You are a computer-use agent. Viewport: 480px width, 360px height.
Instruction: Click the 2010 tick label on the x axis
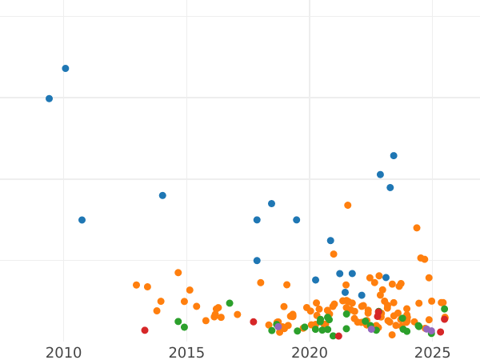[x=64, y=353]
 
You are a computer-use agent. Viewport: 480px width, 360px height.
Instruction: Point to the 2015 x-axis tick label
[x=186, y=353]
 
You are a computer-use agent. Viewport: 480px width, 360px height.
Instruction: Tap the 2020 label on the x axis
[x=310, y=353]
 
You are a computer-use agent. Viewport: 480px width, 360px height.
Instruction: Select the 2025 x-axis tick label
[x=432, y=353]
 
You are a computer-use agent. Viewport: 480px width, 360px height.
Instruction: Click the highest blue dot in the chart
[x=66, y=69]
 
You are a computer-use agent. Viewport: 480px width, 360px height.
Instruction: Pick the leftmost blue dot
[x=49, y=99]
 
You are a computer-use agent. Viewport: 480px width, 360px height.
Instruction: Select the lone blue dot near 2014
[x=162, y=195]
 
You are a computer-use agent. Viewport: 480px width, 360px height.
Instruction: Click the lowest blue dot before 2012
[x=82, y=220]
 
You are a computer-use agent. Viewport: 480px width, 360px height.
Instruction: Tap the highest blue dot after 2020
[x=394, y=156]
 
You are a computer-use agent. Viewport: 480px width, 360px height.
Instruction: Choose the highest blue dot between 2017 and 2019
[x=271, y=204]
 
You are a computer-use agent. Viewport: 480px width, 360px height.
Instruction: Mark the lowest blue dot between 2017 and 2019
[x=257, y=261]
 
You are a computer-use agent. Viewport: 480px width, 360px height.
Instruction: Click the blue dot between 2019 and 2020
[x=296, y=220]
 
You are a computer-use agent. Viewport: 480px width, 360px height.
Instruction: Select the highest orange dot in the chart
[x=348, y=206]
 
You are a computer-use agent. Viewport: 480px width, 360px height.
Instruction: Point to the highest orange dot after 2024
[x=417, y=228]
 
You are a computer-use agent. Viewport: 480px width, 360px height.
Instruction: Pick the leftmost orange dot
[x=136, y=285]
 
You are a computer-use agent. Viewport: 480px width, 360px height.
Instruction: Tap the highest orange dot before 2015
[x=178, y=273]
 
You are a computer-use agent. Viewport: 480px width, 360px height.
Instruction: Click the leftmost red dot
[x=145, y=330]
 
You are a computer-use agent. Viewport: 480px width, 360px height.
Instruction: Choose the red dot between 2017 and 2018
[x=254, y=322]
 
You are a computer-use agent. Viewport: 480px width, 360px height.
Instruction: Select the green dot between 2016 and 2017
[x=230, y=303]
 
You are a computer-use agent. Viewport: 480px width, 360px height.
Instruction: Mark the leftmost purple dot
[x=278, y=326]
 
